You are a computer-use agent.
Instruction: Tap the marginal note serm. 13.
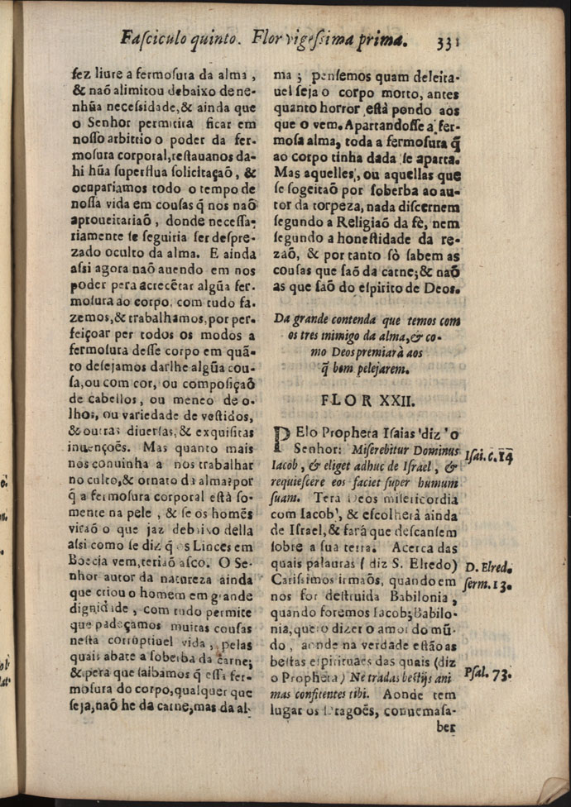(x=489, y=585)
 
